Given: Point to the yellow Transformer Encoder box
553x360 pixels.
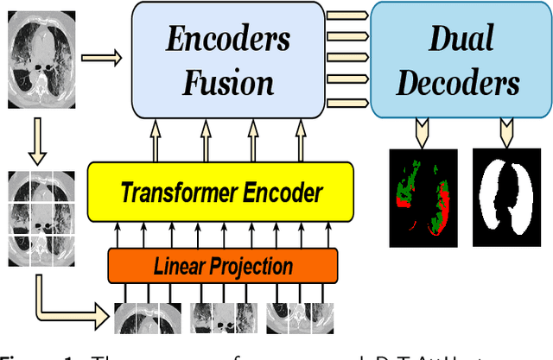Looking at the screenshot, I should [220, 192].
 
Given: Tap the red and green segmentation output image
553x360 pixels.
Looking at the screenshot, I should [422, 192].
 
